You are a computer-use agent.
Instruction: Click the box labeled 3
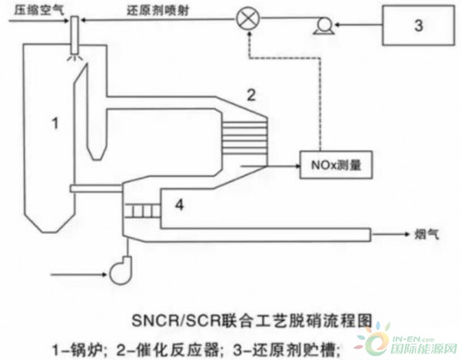(x=419, y=25)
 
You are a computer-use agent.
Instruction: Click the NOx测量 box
(x=336, y=165)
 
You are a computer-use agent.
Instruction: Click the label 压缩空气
(x=39, y=10)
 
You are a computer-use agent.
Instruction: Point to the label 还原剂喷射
(x=158, y=10)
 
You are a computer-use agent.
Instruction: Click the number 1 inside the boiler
(x=55, y=123)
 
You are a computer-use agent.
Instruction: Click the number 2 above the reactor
(x=250, y=95)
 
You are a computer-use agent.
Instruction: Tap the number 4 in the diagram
(x=179, y=204)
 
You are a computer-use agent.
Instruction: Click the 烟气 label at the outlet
(x=427, y=234)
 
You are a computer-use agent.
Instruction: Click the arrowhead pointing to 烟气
(x=407, y=234)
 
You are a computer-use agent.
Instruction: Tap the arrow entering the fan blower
(x=78, y=275)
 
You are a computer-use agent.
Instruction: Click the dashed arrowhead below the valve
(x=250, y=34)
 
